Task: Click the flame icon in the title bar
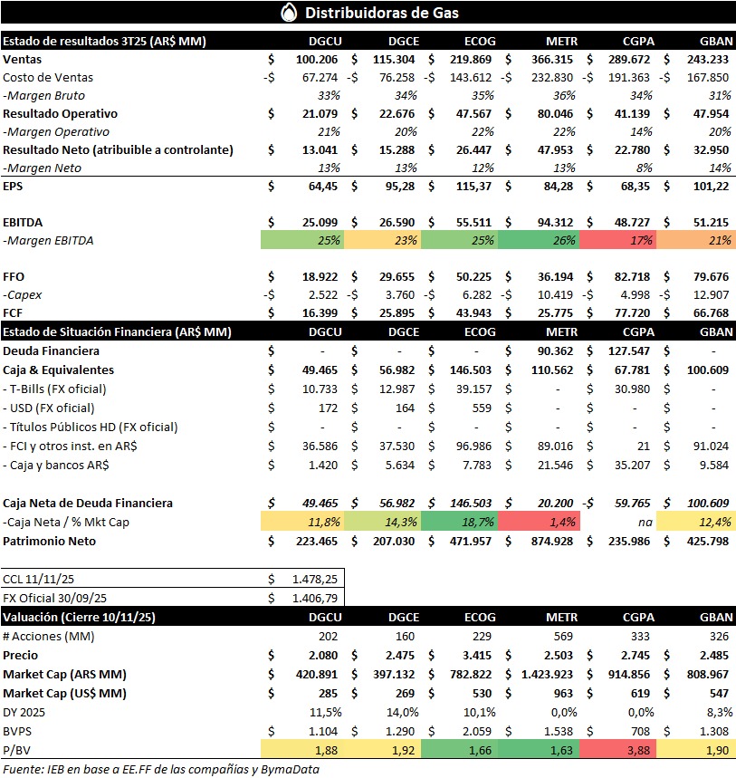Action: tap(289, 13)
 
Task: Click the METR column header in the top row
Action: tap(560, 41)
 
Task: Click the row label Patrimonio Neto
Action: tap(50, 541)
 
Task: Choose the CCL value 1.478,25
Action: tap(312, 578)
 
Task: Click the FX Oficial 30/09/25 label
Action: tap(55, 598)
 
